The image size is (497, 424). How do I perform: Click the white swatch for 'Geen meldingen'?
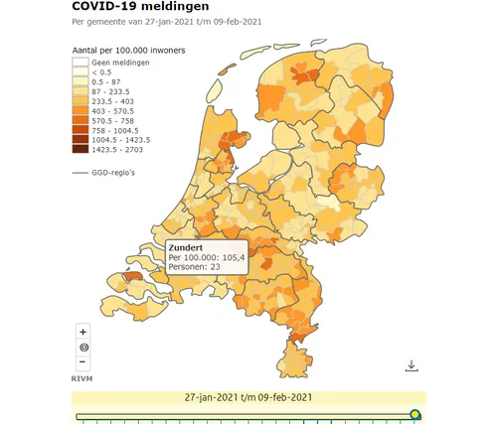80,63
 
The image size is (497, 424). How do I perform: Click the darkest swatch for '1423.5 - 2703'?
80,150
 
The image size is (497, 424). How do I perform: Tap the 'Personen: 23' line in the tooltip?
196,267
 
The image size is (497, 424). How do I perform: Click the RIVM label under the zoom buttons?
83,378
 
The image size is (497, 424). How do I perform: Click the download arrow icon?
412,365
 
